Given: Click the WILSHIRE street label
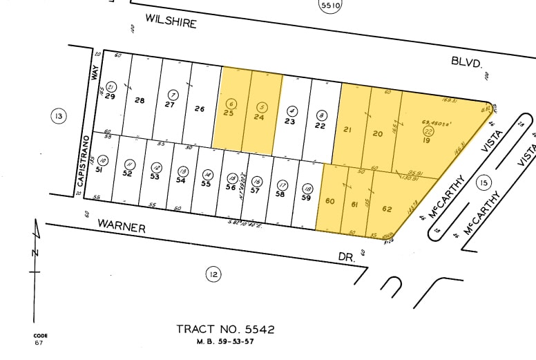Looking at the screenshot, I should point(171,21).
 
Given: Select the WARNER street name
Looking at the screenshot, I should point(121,225).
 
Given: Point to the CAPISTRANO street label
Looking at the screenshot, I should point(82,160).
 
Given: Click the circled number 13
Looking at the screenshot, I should point(59,116).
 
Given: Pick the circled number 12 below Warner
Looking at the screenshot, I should point(213,274).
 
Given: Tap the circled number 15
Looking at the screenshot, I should point(483,182).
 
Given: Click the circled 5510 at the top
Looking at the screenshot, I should point(330,6).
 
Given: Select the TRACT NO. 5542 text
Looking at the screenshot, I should point(225,329).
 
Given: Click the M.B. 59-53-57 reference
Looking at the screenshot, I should point(225,341).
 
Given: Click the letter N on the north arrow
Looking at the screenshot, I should point(35,252).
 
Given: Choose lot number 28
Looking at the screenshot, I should point(140,101).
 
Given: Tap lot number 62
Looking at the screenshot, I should point(387,209).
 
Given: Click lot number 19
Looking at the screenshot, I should point(427,140).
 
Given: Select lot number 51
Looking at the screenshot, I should point(99,170).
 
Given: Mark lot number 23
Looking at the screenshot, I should point(290,121).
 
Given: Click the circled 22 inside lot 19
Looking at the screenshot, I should point(428,130).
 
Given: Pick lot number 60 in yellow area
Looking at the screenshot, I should point(330,201).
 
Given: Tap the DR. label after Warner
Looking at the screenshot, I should point(347,256).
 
